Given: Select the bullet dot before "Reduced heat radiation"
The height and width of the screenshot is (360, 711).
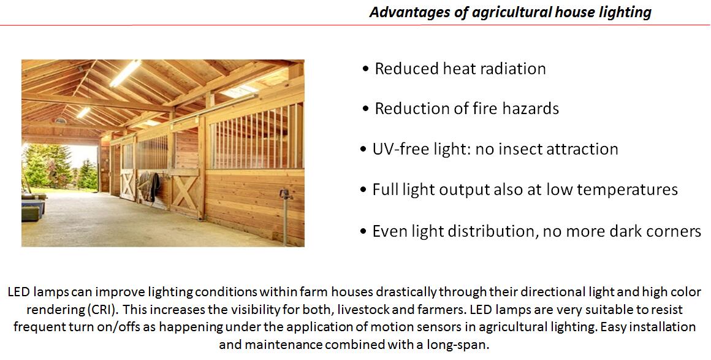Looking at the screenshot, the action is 365,69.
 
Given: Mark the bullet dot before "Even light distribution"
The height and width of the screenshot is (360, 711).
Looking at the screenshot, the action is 363,232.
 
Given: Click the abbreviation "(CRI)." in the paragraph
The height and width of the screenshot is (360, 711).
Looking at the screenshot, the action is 103,310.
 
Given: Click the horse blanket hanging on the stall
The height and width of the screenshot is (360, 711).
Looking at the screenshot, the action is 149,186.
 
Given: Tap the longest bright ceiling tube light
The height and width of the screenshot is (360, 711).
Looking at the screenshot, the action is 125,72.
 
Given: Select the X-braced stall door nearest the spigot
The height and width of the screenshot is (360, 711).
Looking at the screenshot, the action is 185,193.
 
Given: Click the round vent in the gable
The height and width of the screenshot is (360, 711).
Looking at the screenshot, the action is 60,120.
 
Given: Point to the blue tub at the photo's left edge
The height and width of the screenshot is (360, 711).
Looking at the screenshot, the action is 33,209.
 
